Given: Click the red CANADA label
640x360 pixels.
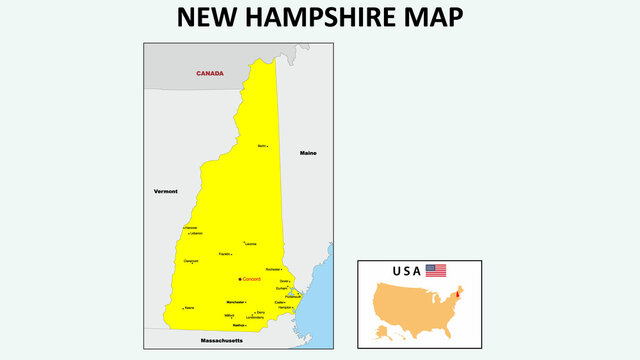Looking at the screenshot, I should [210, 73].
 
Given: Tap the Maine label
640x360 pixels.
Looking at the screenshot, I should [308, 153].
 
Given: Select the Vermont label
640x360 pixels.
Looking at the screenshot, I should [165, 190].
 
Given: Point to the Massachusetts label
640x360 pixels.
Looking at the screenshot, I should [221, 341].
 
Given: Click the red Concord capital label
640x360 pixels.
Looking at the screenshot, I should [251, 279].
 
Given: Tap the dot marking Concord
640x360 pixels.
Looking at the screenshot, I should [240, 279].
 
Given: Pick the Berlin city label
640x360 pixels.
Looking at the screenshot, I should [262, 146].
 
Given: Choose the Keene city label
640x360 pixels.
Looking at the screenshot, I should [189, 308].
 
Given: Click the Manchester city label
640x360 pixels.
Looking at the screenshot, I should [236, 301].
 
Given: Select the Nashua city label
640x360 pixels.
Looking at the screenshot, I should [238, 325].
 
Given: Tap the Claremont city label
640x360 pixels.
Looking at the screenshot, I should [191, 262].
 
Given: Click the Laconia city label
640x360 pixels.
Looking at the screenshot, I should [250, 243].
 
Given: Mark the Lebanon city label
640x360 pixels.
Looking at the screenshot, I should [196, 234].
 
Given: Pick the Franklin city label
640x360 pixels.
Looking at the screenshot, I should [225, 254].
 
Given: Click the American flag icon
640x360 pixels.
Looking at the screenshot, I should [436, 270].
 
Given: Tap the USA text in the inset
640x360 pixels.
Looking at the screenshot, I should [407, 271].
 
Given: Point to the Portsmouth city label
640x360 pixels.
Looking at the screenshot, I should [292, 296].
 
